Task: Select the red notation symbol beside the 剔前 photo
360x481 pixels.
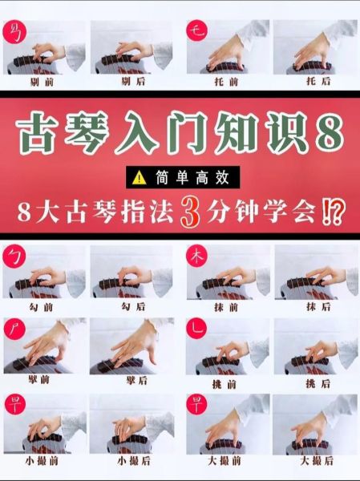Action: pyautogui.click(x=14, y=32)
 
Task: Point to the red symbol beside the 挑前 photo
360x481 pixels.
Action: pyautogui.click(x=196, y=329)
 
